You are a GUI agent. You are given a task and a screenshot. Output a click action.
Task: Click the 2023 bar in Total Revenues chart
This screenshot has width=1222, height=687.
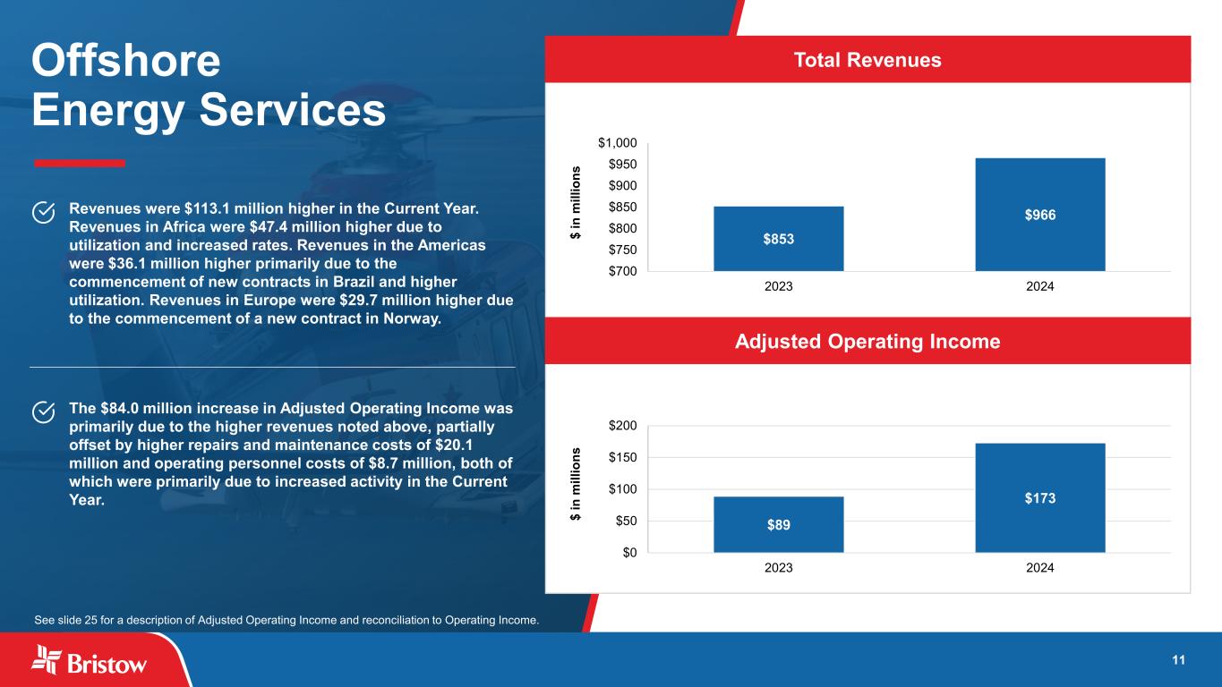tap(778, 238)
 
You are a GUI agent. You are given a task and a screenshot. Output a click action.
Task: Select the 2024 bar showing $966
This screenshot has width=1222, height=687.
tap(1039, 215)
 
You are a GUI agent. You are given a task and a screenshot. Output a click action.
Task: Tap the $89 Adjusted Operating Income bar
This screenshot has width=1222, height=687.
tap(778, 524)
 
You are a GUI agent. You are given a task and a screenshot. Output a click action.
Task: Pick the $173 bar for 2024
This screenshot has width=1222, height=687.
tap(1039, 497)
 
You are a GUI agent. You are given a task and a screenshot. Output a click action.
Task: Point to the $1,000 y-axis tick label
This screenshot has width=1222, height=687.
tap(618, 143)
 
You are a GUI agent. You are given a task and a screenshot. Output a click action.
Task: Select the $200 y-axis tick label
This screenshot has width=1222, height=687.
tap(620, 426)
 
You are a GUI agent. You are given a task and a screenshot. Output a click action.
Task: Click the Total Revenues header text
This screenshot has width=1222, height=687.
tap(867, 60)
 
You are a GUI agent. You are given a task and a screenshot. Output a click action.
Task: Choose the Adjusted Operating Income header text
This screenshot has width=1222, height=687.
tap(867, 341)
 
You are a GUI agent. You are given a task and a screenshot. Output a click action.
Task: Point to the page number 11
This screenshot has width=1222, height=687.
tap(1178, 660)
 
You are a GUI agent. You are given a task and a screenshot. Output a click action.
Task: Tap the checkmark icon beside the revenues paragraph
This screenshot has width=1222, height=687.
tap(43, 211)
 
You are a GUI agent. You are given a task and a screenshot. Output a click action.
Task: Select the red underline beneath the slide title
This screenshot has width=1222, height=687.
tap(79, 163)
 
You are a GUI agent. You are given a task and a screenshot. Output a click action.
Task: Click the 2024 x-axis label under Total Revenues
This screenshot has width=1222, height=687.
tap(1039, 287)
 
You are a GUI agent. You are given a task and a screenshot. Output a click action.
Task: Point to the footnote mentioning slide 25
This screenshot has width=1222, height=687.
tap(286, 619)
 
